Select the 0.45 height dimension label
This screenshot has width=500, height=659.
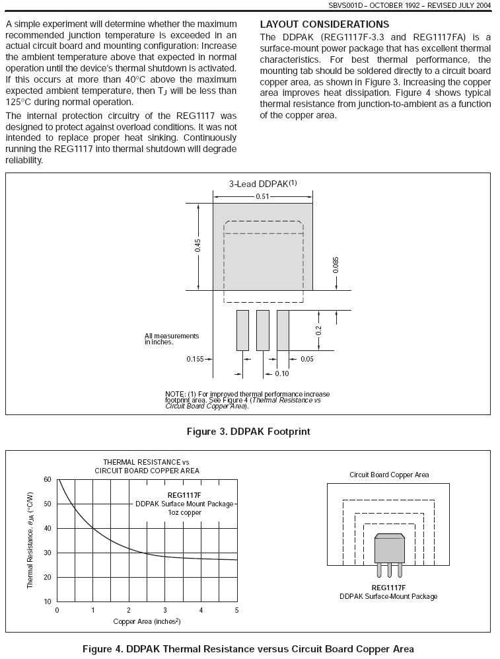coord(197,245)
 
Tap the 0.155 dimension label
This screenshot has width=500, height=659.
coord(195,359)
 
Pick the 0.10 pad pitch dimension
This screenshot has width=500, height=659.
coord(282,373)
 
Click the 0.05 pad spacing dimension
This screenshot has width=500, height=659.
coord(307,359)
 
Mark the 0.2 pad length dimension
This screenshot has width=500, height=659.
coord(318,329)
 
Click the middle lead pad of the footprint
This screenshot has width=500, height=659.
coord(263,330)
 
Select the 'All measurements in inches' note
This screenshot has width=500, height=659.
coord(172,339)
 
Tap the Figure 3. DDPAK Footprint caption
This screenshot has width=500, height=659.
coord(250,432)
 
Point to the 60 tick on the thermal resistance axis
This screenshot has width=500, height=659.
coord(48,479)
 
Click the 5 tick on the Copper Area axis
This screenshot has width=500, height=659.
coord(236,610)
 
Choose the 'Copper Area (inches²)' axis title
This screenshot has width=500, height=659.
coord(147,621)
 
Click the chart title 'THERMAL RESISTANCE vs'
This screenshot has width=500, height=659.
coord(146,461)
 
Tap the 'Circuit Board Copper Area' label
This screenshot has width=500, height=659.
coord(389,475)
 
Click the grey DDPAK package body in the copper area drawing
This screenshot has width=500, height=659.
coord(389,549)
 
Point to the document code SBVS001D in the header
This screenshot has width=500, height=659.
coord(365,5)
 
